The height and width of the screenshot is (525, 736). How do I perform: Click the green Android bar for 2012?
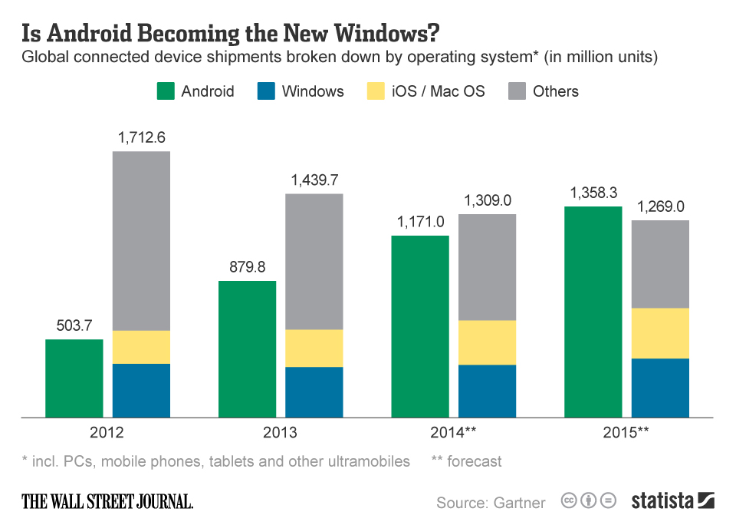click(x=74, y=378)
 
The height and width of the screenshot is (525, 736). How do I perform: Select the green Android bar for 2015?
click(x=593, y=312)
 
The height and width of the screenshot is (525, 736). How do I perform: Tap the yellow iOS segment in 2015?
click(x=660, y=333)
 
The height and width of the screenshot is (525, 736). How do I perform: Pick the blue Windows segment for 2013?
click(x=314, y=392)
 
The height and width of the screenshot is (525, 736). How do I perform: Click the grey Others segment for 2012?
click(x=141, y=241)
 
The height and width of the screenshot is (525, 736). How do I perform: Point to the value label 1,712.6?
click(x=141, y=138)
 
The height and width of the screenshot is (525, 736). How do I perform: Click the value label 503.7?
click(x=74, y=326)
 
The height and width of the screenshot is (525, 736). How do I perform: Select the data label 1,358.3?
click(x=593, y=193)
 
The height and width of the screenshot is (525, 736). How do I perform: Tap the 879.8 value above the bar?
click(x=247, y=268)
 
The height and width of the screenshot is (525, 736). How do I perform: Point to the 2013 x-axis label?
click(x=281, y=433)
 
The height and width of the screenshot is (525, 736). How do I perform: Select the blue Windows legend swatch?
click(x=265, y=91)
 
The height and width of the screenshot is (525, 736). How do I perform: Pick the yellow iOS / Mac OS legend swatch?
click(x=376, y=91)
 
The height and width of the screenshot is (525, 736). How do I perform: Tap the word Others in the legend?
click(x=555, y=91)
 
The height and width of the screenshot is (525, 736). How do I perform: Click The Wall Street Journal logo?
click(x=107, y=502)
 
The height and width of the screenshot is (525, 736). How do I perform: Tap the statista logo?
click(x=672, y=501)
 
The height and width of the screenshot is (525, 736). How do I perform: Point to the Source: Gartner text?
click(x=491, y=503)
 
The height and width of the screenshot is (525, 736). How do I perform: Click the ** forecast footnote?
click(x=466, y=461)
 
